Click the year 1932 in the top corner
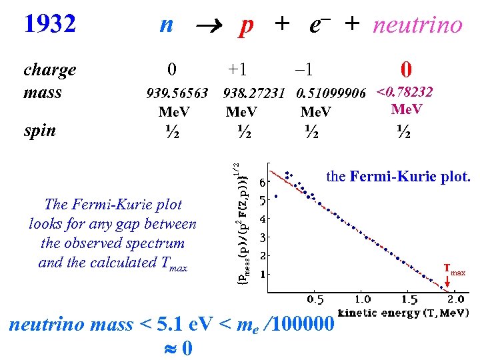tap(50, 25)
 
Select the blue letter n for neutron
tap(167, 25)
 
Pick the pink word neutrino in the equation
tap(417, 25)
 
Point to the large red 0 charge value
tap(405, 70)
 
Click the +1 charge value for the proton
tap(237, 70)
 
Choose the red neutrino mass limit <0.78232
tap(405, 91)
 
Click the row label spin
tap(40, 130)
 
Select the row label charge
tap(49, 70)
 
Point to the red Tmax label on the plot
tap(455, 271)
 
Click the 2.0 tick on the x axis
tap(456, 300)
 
